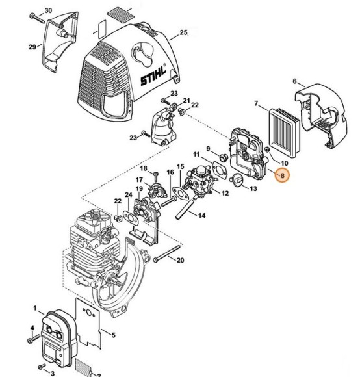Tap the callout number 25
tap(183, 32)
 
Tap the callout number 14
tap(201, 215)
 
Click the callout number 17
tap(139, 180)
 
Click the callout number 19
tap(139, 188)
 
